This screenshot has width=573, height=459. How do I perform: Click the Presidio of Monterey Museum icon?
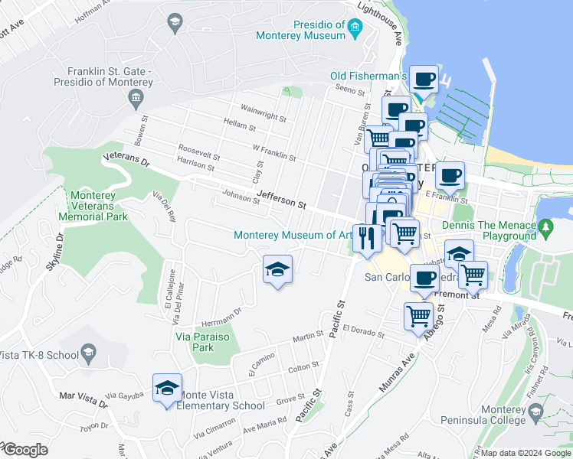pyautogui.click(x=354, y=30)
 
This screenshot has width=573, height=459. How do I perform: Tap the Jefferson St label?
pyautogui.click(x=281, y=200)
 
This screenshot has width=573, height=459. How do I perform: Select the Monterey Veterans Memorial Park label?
pyautogui.click(x=93, y=206)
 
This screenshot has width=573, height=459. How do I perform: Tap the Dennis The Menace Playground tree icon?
pyautogui.click(x=545, y=227)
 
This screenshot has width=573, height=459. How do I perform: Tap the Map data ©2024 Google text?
pyautogui.click(x=526, y=453)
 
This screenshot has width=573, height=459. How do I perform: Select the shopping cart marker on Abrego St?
pyautogui.click(x=418, y=314)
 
